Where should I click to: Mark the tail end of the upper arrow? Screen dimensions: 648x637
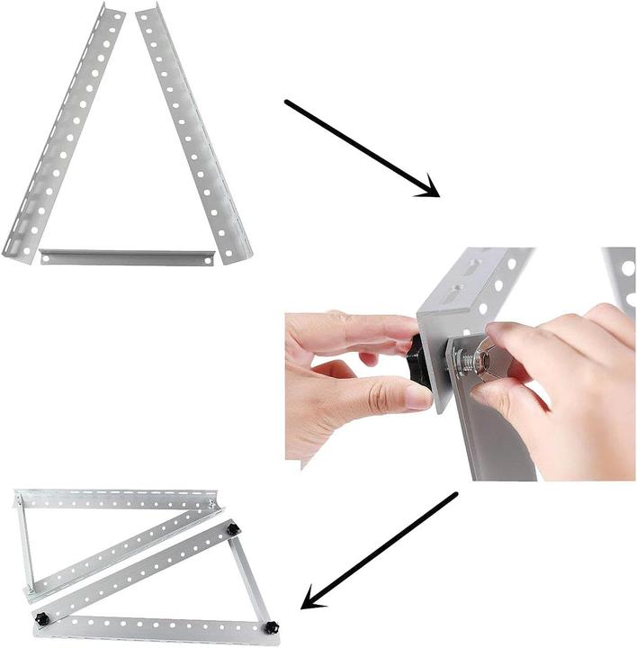tap(288, 103)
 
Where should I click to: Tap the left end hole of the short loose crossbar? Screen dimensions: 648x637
tap(47, 257)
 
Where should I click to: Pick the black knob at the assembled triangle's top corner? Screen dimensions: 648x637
tap(233, 529)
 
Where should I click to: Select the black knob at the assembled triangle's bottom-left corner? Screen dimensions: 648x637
tap(41, 619)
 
